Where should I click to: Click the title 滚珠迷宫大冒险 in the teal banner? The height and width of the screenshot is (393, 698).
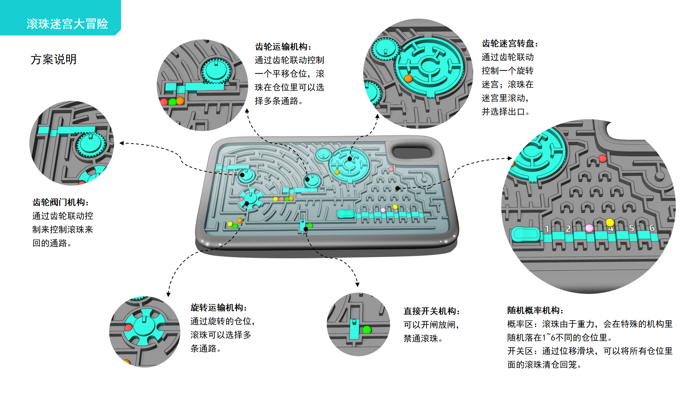coord(67,24)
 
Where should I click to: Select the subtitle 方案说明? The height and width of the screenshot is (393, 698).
coord(53,59)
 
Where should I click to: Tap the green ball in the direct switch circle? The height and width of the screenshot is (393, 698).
coord(367,330)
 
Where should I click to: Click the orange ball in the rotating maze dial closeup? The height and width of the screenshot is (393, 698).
coord(408,79)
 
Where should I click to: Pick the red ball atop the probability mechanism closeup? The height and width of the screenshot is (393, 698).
coord(603,158)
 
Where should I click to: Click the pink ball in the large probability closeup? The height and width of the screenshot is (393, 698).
coord(589,228)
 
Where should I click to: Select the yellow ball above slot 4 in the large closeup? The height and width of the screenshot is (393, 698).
coord(610,222)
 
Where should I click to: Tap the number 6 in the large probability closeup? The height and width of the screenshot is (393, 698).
coord(652,228)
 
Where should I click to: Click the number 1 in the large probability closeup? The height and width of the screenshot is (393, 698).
coord(547,229)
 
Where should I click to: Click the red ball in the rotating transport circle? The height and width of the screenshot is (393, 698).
coord(128,327)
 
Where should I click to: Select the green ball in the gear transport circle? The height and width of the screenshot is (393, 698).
coord(172,102)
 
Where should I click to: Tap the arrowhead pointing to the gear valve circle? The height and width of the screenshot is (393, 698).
coord(122,143)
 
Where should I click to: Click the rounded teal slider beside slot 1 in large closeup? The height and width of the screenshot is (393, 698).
coord(525,234)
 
